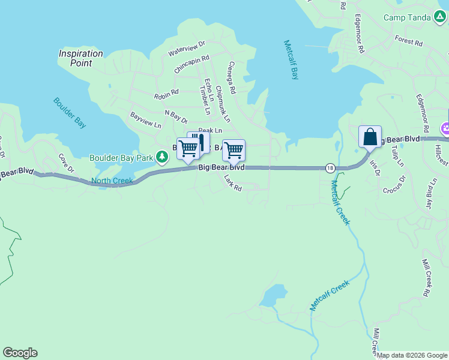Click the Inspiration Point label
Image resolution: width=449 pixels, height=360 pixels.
point(80,58)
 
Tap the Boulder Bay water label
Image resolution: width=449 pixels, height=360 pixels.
point(70,113)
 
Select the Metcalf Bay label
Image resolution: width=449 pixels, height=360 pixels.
point(291,60)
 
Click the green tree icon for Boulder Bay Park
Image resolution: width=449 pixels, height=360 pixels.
point(161,157)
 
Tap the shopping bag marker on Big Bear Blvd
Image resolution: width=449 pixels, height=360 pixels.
point(370,137)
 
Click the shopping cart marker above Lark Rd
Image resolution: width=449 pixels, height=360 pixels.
point(233,150)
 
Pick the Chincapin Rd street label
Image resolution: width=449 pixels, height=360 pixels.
point(191,65)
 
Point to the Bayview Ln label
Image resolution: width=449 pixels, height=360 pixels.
point(146,120)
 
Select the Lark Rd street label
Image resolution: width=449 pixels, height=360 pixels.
point(232,183)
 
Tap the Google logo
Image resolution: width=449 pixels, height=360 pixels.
point(20,353)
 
